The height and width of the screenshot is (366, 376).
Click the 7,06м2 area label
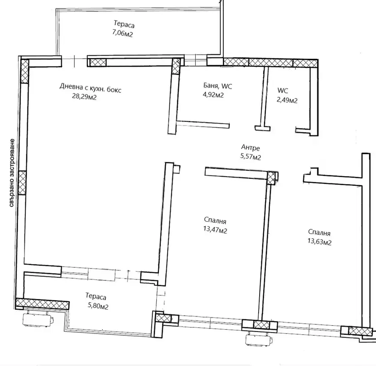point(122,34)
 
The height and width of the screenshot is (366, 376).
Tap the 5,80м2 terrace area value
point(98,306)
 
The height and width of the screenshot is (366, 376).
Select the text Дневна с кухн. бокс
point(91,88)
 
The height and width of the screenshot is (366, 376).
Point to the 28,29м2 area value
point(84,96)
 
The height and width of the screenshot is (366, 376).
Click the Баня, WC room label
point(218,86)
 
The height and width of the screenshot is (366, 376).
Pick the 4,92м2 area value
point(213,95)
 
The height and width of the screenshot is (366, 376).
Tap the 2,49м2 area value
point(287,100)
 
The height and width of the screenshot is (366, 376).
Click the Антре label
point(251,147)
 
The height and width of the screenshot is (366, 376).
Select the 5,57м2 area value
point(251,157)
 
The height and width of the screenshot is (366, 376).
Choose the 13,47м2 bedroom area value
point(215,230)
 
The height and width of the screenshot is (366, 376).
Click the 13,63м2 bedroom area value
point(319,241)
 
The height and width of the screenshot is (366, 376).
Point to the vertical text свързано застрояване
point(12,173)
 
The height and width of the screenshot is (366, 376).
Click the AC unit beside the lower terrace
point(38,318)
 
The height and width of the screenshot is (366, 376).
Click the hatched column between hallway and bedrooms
point(271,178)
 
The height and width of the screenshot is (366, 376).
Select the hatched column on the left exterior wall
point(22,183)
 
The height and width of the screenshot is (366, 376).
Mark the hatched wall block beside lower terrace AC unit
point(42,304)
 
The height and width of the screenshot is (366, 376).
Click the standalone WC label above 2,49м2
point(283,91)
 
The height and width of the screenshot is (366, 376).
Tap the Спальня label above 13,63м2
point(319,232)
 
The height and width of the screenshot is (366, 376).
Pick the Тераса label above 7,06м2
point(124,24)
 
